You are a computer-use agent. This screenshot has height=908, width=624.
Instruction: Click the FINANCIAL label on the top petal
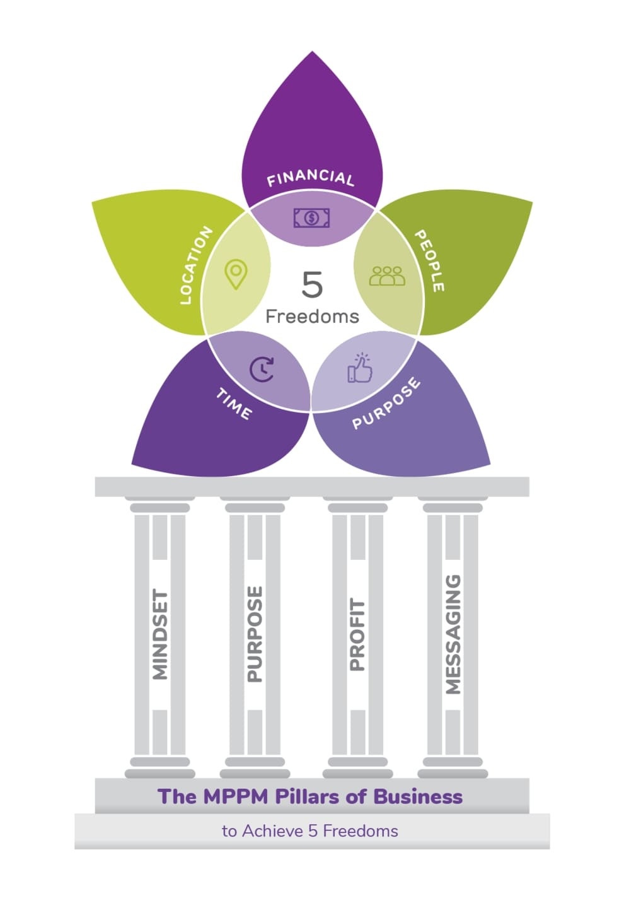[310, 178]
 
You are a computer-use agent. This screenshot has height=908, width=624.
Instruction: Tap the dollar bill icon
[311, 218]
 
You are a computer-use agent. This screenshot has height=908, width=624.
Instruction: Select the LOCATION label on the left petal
[195, 265]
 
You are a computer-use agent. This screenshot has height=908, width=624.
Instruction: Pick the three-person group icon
[387, 276]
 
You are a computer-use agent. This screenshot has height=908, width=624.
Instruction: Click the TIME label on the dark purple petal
[234, 404]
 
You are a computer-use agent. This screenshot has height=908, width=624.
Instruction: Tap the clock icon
[262, 370]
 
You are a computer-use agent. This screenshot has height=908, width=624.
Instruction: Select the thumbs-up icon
[360, 368]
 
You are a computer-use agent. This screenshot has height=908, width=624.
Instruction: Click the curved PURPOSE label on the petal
[386, 404]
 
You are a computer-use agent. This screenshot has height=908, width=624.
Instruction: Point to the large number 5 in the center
[312, 285]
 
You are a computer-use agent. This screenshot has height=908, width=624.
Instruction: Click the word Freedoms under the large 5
[312, 316]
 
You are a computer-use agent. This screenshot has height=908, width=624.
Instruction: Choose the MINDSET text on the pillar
[161, 634]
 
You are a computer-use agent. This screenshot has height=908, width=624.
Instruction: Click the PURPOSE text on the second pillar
[254, 634]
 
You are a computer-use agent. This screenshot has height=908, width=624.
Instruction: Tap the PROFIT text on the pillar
[357, 634]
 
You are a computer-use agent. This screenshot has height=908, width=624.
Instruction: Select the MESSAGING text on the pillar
[453, 634]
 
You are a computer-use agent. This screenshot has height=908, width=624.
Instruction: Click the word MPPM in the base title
[235, 796]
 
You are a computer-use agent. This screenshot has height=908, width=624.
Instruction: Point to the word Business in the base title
[418, 796]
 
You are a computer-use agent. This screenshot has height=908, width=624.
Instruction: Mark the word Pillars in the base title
[309, 796]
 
